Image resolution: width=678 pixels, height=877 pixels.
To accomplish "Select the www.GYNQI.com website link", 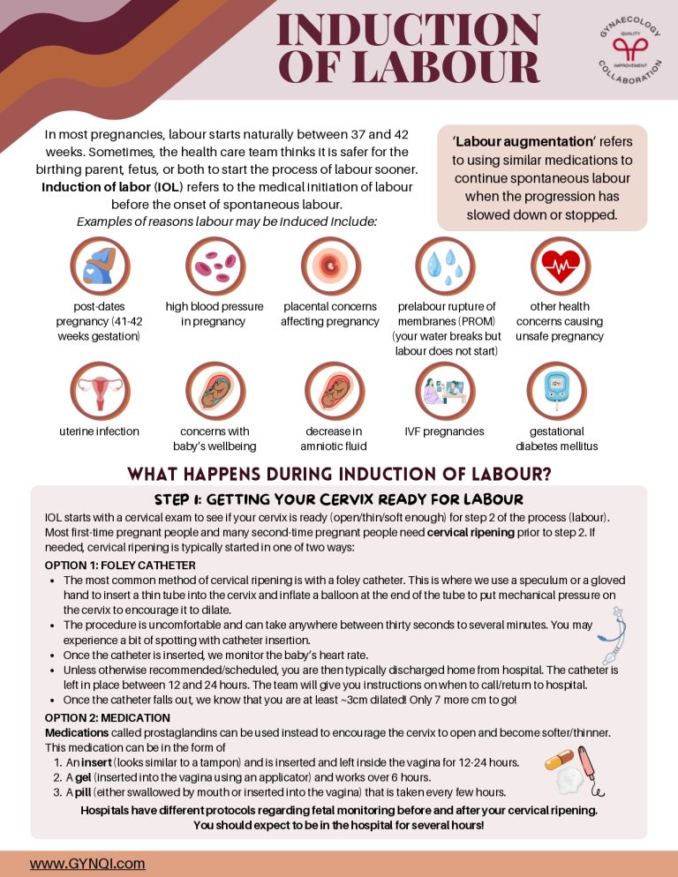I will point(87,864).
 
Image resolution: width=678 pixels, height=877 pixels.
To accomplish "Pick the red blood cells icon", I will point(215,266).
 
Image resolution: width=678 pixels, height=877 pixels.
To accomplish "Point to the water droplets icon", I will point(446,266).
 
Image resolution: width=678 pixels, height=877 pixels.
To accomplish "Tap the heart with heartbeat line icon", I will point(559,266).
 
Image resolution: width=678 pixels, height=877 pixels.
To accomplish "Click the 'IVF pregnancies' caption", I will point(444,431).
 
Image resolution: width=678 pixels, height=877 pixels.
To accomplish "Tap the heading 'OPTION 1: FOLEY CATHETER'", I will point(119,566).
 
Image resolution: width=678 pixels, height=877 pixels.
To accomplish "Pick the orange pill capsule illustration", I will point(558,761).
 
